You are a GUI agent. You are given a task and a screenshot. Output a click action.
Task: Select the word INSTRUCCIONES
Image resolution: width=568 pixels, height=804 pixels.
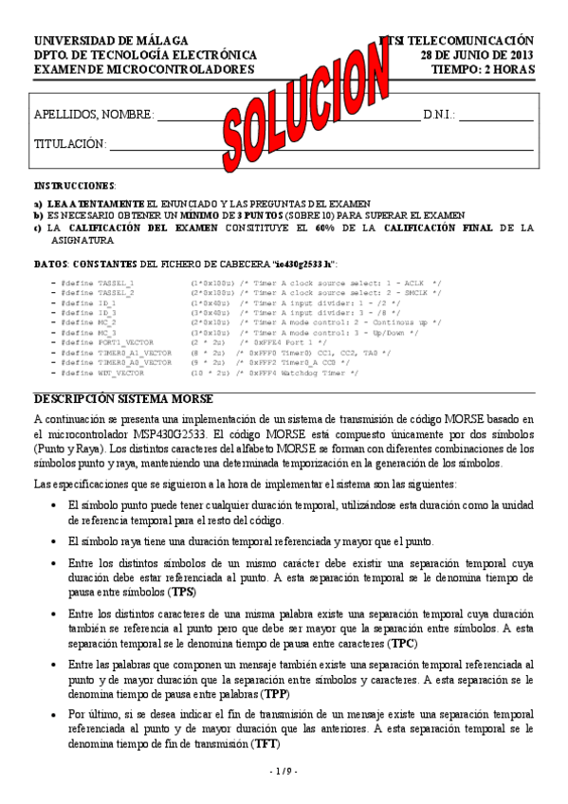75,186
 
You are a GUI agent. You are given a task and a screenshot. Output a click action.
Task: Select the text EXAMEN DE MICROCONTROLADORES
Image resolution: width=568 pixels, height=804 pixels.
144,69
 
